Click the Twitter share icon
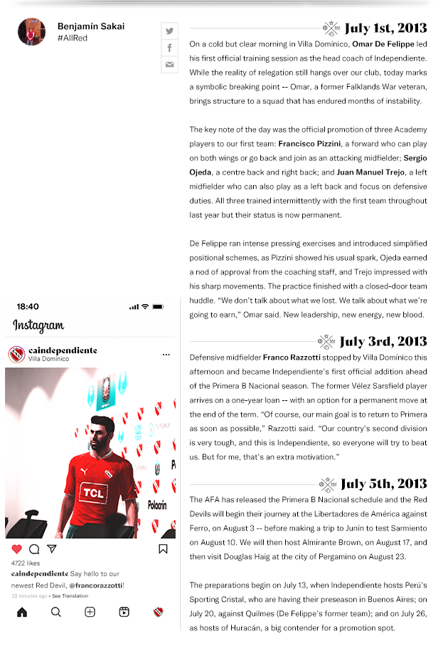click(169, 31)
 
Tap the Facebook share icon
click(169, 48)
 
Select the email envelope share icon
click(169, 65)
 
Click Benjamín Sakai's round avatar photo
click(31, 32)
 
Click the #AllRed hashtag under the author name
click(73, 38)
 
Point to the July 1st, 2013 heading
click(385, 28)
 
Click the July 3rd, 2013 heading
click(383, 341)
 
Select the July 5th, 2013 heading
click(383, 484)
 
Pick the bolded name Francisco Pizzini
click(310, 143)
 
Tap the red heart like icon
click(17, 549)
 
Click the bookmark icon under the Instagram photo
click(163, 549)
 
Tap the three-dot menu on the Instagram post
click(166, 354)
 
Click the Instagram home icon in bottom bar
click(21, 612)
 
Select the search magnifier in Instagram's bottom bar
click(55, 612)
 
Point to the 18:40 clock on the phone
click(28, 306)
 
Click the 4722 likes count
click(26, 563)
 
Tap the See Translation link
click(70, 595)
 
